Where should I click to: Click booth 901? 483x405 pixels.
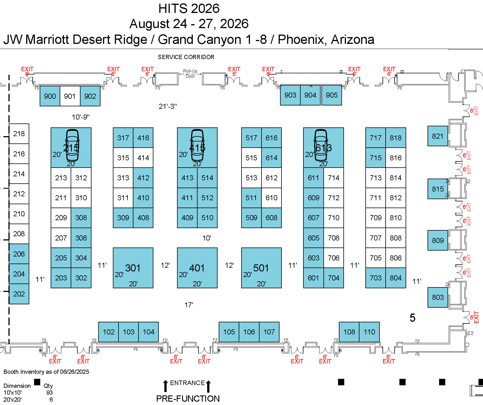click(70, 96)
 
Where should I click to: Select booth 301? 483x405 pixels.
click(133, 268)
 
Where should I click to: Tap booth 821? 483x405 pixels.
click(437, 136)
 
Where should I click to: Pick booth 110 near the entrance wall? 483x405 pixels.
click(369, 332)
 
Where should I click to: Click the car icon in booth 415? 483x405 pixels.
click(197, 145)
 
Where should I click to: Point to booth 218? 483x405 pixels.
click(19, 134)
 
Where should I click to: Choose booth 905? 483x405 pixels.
click(332, 95)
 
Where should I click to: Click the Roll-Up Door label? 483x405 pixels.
click(190, 74)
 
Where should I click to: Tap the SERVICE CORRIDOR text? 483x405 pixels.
click(186, 57)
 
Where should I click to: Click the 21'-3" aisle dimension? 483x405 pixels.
click(168, 106)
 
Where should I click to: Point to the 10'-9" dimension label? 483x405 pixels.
click(81, 117)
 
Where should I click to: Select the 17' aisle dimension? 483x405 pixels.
click(189, 305)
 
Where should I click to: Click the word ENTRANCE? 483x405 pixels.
click(187, 383)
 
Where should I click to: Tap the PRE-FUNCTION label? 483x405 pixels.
click(188, 399)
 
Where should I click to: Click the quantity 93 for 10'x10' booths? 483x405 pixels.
click(50, 392)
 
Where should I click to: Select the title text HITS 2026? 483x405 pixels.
click(189, 8)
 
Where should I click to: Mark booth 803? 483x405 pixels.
click(438, 297)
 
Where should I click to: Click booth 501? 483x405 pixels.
click(261, 268)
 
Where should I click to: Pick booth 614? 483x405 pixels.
click(271, 158)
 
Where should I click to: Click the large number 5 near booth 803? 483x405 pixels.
click(412, 318)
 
